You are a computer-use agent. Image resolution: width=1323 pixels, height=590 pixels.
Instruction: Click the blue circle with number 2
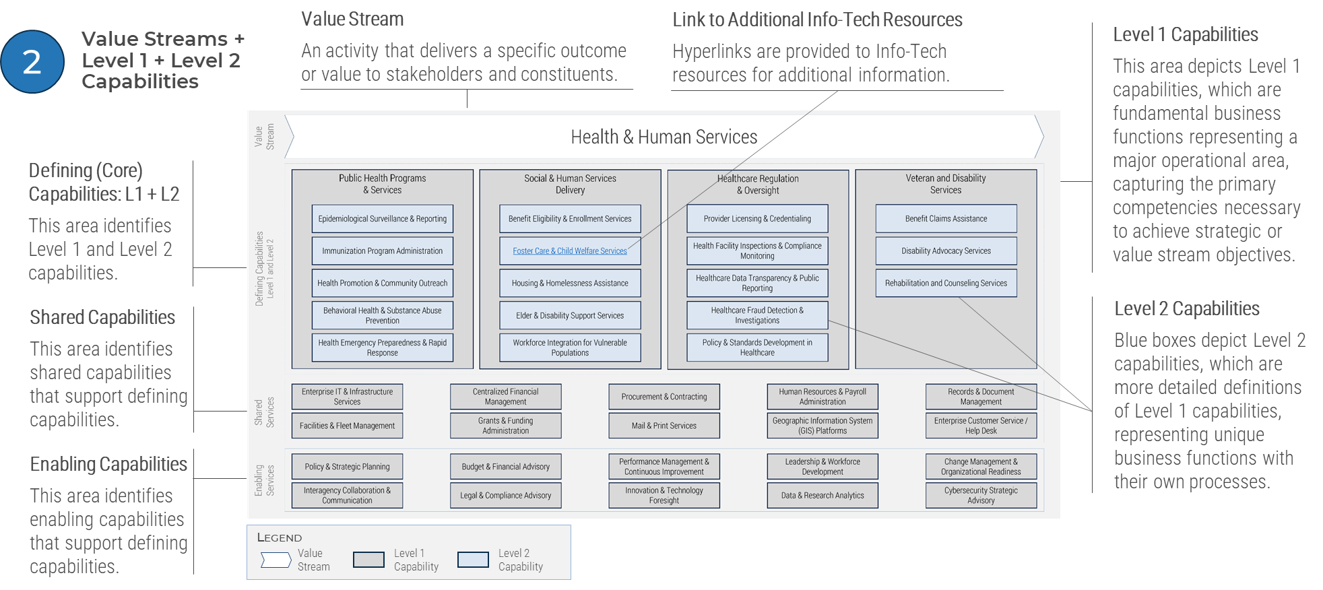coord(32,62)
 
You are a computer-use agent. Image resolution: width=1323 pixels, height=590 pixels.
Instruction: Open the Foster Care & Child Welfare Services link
coord(569,251)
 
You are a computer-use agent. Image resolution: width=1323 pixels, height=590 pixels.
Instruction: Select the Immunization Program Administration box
coord(382,251)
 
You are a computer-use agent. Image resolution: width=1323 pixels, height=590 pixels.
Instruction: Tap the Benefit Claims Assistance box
coord(946,219)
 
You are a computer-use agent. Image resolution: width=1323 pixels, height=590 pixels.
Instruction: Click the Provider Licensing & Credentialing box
coord(757,219)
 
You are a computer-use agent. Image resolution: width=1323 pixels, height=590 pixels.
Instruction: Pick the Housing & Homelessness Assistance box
coord(569,284)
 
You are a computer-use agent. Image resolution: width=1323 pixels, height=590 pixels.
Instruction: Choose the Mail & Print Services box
coord(664,426)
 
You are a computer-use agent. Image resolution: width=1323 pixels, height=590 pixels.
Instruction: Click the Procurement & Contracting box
coord(664,397)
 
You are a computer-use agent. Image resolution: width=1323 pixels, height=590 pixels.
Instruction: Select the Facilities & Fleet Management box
coord(347,426)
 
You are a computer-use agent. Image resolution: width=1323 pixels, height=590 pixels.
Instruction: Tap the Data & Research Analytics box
coord(822,496)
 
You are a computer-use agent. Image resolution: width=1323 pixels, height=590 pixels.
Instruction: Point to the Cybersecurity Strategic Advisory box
coord(980,496)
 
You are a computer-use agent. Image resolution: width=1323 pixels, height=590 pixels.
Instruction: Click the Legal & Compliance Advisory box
coord(505,496)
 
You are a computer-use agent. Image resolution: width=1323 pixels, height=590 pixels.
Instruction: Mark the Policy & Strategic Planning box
coord(347,467)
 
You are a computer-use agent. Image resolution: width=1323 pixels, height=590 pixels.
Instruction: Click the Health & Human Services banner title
coord(664,137)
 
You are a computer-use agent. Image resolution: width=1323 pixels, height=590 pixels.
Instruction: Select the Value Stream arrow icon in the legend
coord(276,560)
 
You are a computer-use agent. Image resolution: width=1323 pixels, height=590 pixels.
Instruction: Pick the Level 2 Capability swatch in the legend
coord(473,560)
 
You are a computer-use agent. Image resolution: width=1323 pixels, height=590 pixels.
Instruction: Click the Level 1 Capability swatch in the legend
coord(368,560)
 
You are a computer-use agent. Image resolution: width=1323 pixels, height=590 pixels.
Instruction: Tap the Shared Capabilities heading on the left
coord(102,317)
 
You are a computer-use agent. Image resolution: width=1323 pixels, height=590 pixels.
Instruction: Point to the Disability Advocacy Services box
coord(946,251)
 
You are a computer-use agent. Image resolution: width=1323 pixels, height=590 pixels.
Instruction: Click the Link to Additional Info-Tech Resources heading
coord(817,20)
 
